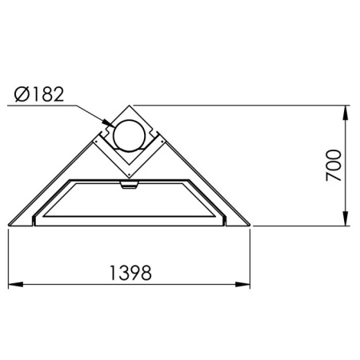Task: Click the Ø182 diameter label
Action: click(39, 94)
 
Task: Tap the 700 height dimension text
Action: click(334, 166)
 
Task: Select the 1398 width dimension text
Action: click(130, 273)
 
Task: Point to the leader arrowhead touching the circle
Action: click(109, 123)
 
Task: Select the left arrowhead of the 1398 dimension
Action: click(16, 284)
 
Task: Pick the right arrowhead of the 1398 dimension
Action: click(242, 284)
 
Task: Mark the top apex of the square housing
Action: click(130, 106)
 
